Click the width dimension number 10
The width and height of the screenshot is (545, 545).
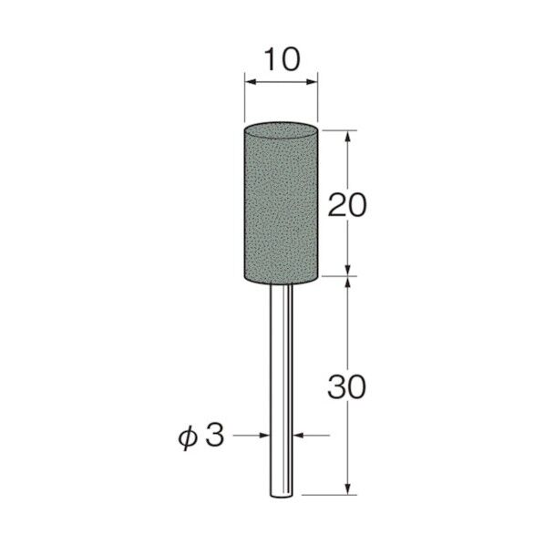(282, 59)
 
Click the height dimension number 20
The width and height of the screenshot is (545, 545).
(347, 205)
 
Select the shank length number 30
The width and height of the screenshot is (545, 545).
(347, 386)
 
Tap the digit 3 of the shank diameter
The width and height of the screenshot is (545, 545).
(214, 436)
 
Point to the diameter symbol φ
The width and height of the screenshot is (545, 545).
(188, 438)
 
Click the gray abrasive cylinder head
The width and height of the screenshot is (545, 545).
(281, 203)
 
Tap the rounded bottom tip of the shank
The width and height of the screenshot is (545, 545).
(282, 497)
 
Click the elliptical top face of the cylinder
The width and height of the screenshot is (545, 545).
(281, 130)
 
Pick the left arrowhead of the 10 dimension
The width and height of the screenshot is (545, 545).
(251, 82)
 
